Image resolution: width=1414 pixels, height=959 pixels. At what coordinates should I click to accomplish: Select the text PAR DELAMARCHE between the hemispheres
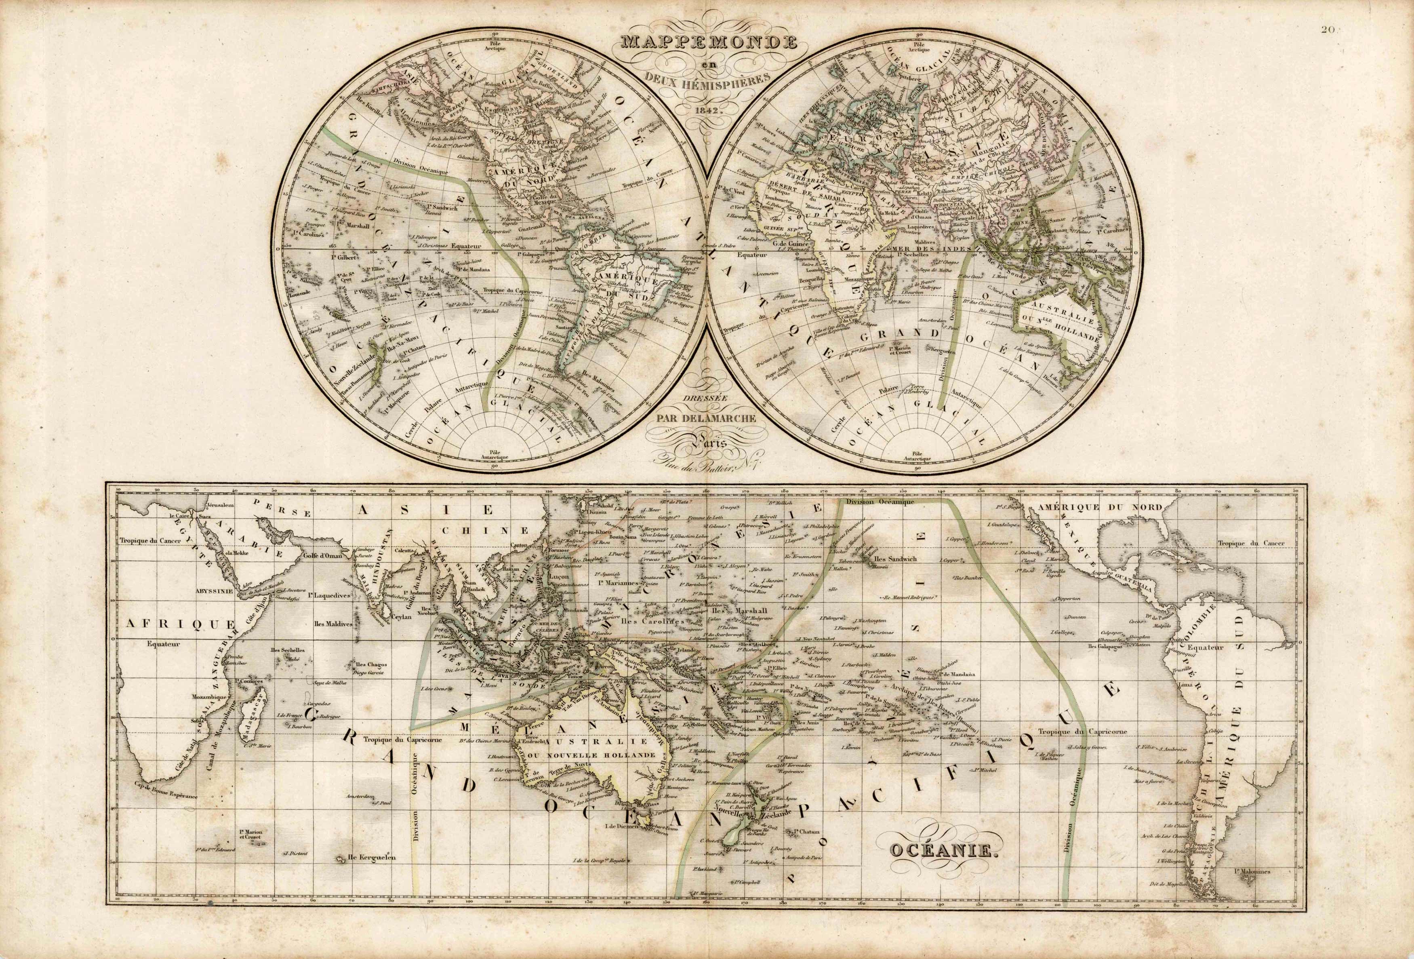pyautogui.click(x=706, y=418)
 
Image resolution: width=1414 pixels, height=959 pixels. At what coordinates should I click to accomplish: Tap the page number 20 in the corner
pyautogui.click(x=1391, y=12)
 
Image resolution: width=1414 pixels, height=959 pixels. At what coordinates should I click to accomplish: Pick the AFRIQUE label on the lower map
pyautogui.click(x=180, y=623)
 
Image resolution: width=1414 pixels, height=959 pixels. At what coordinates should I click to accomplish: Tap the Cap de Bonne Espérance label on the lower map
pyautogui.click(x=166, y=795)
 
